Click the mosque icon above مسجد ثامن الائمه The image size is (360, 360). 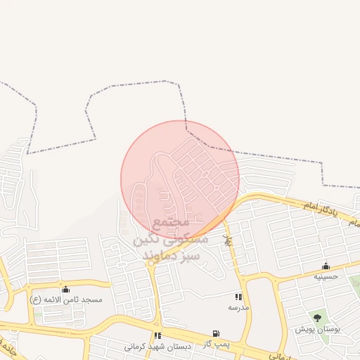click(66, 289)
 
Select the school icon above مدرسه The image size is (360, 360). click(238, 297)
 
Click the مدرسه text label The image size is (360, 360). click(238, 307)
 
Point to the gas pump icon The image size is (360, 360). click(215, 333)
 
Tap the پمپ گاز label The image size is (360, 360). click(215, 344)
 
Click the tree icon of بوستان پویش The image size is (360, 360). click(317, 319)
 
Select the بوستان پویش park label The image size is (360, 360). click(317, 329)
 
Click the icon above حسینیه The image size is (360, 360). click(326, 266)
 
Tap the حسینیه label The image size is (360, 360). click(326, 276)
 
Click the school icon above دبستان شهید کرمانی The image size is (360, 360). click(157, 335)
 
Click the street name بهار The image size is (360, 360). click(226, 240)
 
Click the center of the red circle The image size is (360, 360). click(180, 180)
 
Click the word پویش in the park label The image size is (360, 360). click(304, 329)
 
